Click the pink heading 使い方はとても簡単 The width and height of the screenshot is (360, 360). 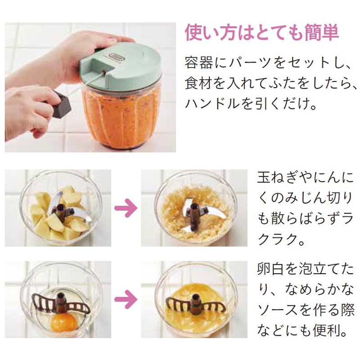click(x=262, y=32)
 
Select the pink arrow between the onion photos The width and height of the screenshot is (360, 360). click(x=126, y=208)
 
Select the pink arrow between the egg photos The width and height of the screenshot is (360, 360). click(x=126, y=299)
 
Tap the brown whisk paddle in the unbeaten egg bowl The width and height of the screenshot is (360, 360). click(x=61, y=303)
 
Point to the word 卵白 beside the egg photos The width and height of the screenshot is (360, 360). click(x=271, y=269)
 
